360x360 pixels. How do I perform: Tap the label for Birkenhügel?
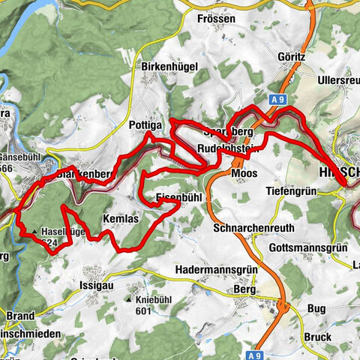tap(169, 66)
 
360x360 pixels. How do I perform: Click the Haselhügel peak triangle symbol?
tap(34, 232)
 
